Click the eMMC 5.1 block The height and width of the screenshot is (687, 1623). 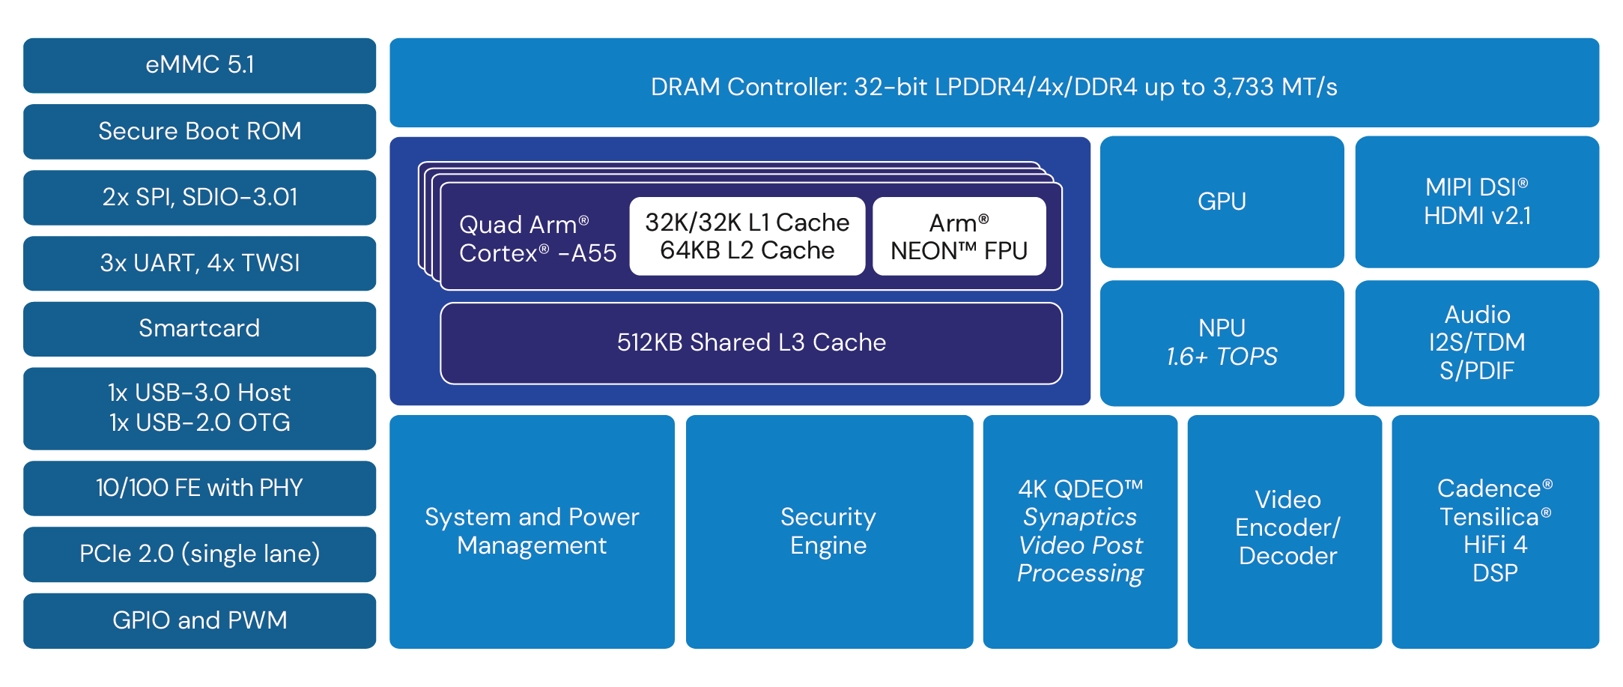click(199, 65)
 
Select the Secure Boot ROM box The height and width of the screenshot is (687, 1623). click(199, 131)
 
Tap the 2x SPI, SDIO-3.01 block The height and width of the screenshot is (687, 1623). click(199, 197)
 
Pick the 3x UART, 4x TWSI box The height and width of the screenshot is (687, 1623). click(199, 263)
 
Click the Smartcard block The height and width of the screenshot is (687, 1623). click(199, 328)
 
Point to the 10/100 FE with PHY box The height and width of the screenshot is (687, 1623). click(199, 488)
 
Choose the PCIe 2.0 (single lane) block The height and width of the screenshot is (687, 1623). click(199, 554)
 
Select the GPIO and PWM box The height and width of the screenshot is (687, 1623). click(199, 620)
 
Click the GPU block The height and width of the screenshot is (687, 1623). click(1222, 202)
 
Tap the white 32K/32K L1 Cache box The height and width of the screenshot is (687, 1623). click(747, 236)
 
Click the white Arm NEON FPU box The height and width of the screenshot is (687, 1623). click(959, 236)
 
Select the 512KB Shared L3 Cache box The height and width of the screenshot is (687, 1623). click(751, 342)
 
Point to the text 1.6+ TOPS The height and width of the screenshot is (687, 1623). click(1222, 357)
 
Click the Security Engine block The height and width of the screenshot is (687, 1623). click(828, 531)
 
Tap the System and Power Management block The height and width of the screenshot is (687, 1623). click(532, 531)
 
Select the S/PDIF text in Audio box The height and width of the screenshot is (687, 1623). click(1476, 371)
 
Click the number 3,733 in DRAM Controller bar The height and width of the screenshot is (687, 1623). click(1243, 88)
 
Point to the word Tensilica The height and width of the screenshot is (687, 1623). click(1489, 517)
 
